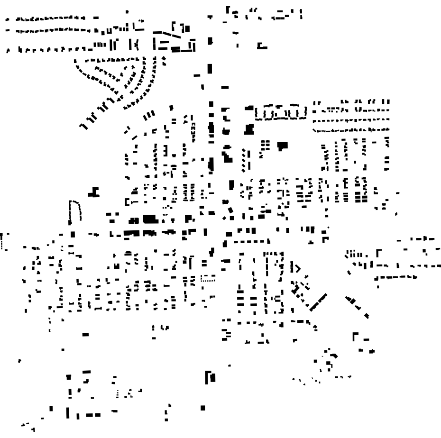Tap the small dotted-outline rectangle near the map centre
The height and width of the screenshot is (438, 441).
tap(208, 279)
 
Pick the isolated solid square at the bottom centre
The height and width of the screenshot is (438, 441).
tap(203, 407)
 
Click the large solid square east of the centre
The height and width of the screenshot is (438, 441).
tap(283, 146)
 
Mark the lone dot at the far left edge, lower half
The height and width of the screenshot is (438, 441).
tap(19, 361)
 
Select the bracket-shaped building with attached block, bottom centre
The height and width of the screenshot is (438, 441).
tap(210, 377)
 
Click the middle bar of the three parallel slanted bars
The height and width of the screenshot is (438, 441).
tap(150, 115)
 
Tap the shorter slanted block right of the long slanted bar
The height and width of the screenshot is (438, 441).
tap(351, 300)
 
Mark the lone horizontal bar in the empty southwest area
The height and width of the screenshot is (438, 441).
tap(85, 334)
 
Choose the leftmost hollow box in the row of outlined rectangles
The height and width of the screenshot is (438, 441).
tap(261, 113)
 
